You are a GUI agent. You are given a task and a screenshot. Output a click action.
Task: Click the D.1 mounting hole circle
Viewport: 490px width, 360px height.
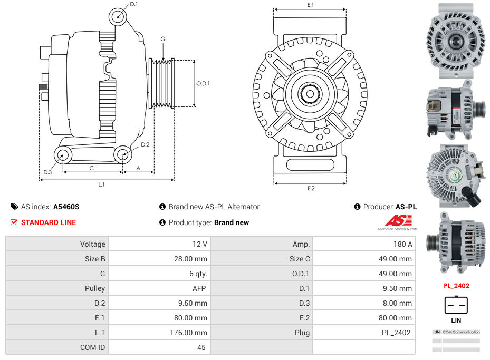pos(118,17)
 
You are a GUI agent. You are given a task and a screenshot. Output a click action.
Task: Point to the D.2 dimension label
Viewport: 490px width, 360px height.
pos(145,144)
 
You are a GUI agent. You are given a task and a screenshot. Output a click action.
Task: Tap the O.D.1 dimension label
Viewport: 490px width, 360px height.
pos(203,83)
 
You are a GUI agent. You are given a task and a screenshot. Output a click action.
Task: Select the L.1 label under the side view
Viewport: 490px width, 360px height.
pos(101,184)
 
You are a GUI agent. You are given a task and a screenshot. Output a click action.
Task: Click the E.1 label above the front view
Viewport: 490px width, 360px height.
pos(311,5)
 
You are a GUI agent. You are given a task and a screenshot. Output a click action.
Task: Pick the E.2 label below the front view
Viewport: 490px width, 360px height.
pos(311,188)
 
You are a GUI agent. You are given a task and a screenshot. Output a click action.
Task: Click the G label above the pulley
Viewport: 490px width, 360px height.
pos(163,39)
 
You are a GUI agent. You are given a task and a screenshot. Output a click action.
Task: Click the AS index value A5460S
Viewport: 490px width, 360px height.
pos(66,207)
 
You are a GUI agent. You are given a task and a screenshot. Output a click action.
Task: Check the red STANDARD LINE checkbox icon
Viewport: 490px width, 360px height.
pos(14,222)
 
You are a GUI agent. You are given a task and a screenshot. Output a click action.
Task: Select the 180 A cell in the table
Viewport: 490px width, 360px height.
pos(403,244)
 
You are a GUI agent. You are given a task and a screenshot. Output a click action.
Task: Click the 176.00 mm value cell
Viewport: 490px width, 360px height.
pos(190,333)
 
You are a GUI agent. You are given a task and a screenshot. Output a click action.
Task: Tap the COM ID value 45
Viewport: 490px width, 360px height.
pos(202,347)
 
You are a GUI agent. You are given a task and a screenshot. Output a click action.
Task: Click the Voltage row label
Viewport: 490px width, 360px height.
pos(93,244)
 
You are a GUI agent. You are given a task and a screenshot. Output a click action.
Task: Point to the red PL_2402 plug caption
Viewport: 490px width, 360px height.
pos(456,286)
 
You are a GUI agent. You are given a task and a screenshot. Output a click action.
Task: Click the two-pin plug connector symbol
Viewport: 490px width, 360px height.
pos(456,305)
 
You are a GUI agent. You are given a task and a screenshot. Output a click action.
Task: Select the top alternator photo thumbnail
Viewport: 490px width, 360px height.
pos(456,41)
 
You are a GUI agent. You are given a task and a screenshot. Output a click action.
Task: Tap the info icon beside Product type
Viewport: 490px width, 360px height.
pos(162,222)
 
